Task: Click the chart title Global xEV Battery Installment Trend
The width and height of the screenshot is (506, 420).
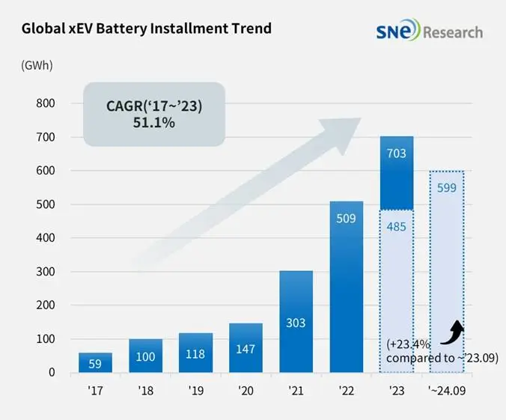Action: tap(147, 29)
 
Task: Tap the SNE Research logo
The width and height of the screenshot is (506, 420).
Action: tap(430, 31)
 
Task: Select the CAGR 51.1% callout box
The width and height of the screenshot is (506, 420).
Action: tap(154, 114)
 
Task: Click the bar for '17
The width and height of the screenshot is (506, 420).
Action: tap(95, 362)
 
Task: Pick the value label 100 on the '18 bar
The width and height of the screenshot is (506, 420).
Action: tap(145, 356)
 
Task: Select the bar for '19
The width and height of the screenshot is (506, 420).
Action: tap(195, 353)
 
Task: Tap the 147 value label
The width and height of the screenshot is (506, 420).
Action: tap(246, 348)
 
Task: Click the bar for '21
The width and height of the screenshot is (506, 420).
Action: tap(296, 321)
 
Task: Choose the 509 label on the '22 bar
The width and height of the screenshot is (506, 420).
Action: tap(346, 220)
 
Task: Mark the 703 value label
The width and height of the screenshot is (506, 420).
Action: tap(397, 153)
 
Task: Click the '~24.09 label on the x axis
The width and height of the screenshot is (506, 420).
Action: tap(447, 390)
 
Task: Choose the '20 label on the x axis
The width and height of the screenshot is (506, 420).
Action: tap(246, 390)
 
